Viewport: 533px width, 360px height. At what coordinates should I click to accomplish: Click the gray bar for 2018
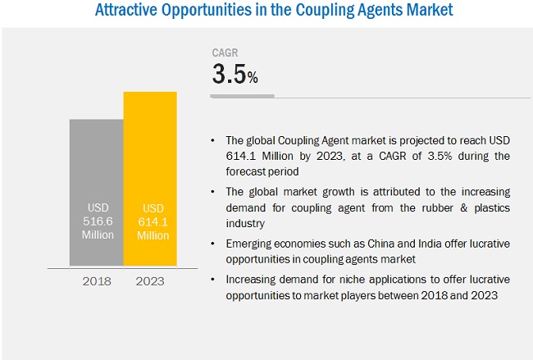(x=96, y=164)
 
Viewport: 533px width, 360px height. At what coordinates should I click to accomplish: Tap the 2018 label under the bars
(x=96, y=281)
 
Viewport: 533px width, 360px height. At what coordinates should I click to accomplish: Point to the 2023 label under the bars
(x=149, y=281)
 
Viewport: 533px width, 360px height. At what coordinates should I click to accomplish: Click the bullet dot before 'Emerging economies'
(x=214, y=244)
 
